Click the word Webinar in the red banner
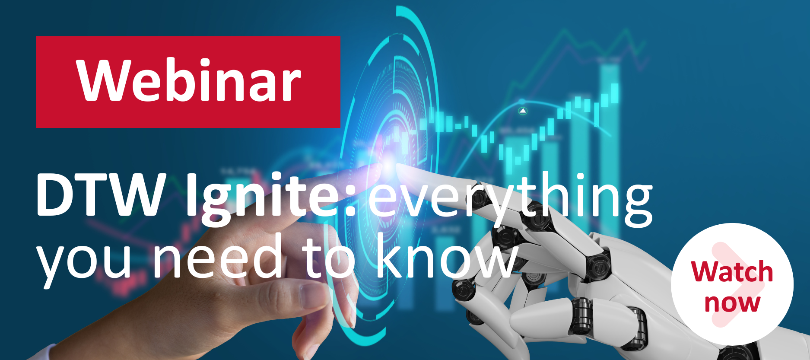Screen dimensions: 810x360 [x=189, y=81]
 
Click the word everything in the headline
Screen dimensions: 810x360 [x=510, y=199]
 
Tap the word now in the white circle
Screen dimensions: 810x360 [x=732, y=303]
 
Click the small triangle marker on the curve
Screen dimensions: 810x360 [x=523, y=111]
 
